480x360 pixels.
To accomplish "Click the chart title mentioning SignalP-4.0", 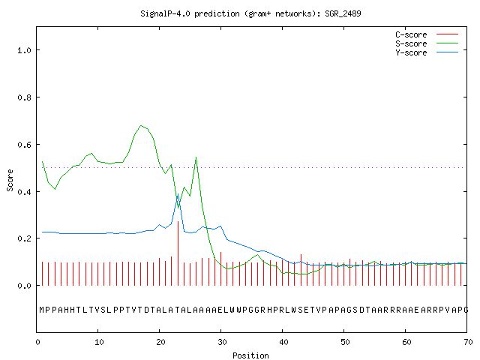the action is coord(250,13).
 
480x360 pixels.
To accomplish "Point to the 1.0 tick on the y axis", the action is coord(25,50).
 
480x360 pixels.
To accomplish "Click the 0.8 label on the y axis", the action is coord(25,97).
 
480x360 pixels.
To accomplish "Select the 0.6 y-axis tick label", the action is coord(25,145).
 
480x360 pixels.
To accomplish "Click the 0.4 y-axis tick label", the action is coord(25,192).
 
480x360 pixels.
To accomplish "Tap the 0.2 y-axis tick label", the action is coord(25,238).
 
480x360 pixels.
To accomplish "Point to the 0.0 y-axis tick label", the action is coord(25,286).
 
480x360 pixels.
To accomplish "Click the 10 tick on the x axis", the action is coord(99,342).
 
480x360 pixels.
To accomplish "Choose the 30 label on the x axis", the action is coord(222,342).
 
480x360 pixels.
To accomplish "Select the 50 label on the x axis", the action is coord(345,342).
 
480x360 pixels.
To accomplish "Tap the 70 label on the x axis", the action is coord(468,342).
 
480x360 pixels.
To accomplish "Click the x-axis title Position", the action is coord(250,355).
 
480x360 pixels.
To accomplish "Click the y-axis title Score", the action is coord(10,180).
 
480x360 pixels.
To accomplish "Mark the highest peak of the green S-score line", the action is coord(141,125).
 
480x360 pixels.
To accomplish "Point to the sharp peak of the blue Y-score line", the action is coord(178,193).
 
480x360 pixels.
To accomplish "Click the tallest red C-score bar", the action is coord(178,253).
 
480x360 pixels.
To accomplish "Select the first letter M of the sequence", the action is coord(42,310).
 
